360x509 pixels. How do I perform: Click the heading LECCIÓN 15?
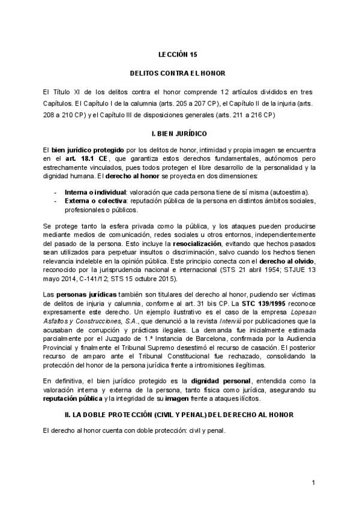click(177, 53)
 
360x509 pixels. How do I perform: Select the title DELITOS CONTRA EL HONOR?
click(177, 73)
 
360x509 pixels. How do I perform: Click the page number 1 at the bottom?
click(313, 483)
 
